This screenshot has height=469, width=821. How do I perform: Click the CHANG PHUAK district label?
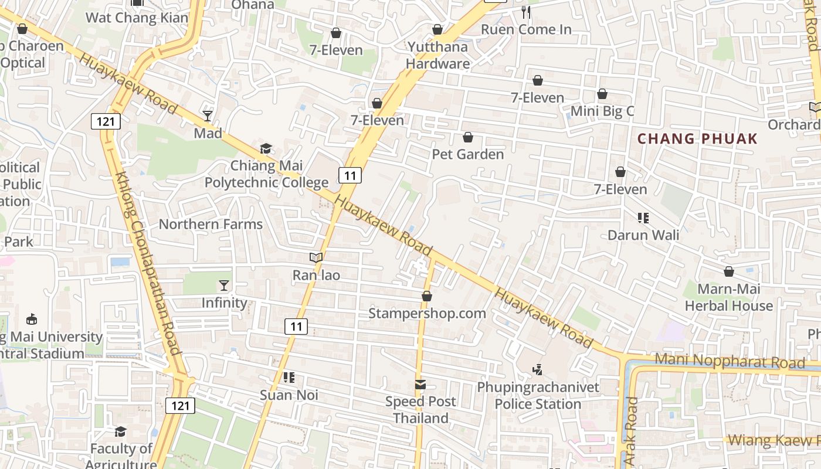(x=697, y=139)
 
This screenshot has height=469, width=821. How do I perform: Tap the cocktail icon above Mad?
(x=208, y=115)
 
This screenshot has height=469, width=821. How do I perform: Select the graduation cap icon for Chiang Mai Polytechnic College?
(x=266, y=148)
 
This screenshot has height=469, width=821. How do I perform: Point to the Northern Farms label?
(x=211, y=224)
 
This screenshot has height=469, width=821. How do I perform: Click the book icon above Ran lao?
(x=316, y=257)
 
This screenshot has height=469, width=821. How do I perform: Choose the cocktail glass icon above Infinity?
(x=224, y=286)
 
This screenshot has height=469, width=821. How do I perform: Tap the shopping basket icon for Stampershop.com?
(x=427, y=296)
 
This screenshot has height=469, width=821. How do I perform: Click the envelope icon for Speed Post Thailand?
(x=420, y=385)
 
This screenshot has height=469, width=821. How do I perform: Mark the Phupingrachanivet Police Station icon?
(x=537, y=370)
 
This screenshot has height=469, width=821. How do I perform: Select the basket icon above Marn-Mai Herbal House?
(x=728, y=271)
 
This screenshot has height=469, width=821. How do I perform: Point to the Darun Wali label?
(x=643, y=235)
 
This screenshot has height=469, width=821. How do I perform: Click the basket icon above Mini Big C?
(x=602, y=94)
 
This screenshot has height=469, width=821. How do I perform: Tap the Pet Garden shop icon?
(x=468, y=137)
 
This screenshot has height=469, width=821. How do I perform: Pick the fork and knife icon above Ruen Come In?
(x=526, y=12)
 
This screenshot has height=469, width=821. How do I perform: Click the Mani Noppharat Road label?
(x=730, y=361)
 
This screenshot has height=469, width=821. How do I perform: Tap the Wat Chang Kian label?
(x=137, y=18)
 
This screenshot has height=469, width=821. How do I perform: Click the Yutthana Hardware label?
(x=438, y=55)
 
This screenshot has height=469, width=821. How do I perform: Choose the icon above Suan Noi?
(x=289, y=378)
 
